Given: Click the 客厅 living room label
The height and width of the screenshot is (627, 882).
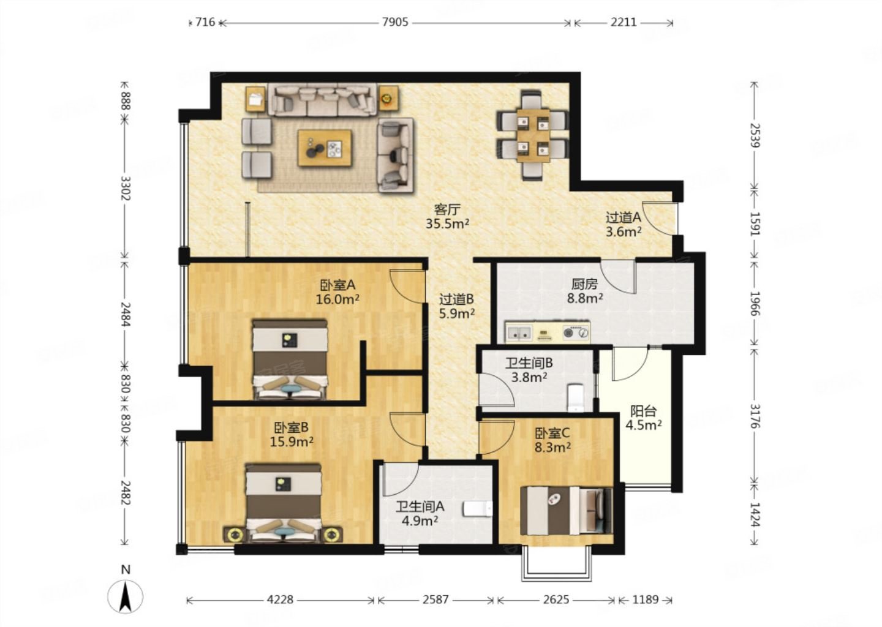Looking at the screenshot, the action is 447,209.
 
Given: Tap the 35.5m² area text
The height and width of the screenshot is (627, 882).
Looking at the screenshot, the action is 447,223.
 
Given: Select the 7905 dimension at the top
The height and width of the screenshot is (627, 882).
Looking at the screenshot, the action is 395,22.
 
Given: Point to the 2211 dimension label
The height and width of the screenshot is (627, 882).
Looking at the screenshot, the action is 624,22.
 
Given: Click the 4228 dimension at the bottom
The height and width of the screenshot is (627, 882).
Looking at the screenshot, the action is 280,599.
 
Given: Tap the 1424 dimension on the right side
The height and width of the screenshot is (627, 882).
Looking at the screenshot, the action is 755,514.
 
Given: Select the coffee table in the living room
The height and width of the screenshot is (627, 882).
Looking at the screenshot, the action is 325,148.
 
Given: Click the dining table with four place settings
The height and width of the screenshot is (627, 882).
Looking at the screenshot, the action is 533,135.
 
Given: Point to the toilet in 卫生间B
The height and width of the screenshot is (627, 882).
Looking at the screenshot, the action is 576,398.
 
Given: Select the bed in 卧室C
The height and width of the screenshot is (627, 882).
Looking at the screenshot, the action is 566,511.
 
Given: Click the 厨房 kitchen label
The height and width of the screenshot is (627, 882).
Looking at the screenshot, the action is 585,283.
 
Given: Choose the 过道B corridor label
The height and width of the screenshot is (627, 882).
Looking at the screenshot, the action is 457,299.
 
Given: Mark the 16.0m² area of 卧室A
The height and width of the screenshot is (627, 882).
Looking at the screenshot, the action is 337,299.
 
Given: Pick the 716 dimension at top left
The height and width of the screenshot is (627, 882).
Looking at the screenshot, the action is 206,22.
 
